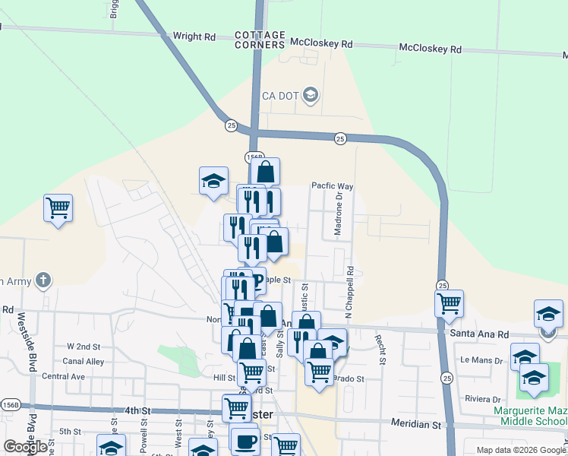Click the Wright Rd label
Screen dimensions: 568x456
194,36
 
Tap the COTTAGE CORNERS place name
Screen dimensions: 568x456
260,40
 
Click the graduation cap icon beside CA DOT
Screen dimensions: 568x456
310,95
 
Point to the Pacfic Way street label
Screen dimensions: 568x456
333,186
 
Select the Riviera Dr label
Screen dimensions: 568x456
484,399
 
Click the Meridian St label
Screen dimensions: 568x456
415,422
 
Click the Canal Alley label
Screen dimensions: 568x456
84,361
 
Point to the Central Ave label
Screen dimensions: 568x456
63,376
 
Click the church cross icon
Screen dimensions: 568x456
43,280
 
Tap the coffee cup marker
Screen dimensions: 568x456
245,441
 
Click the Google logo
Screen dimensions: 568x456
26,447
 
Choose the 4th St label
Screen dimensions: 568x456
137,411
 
